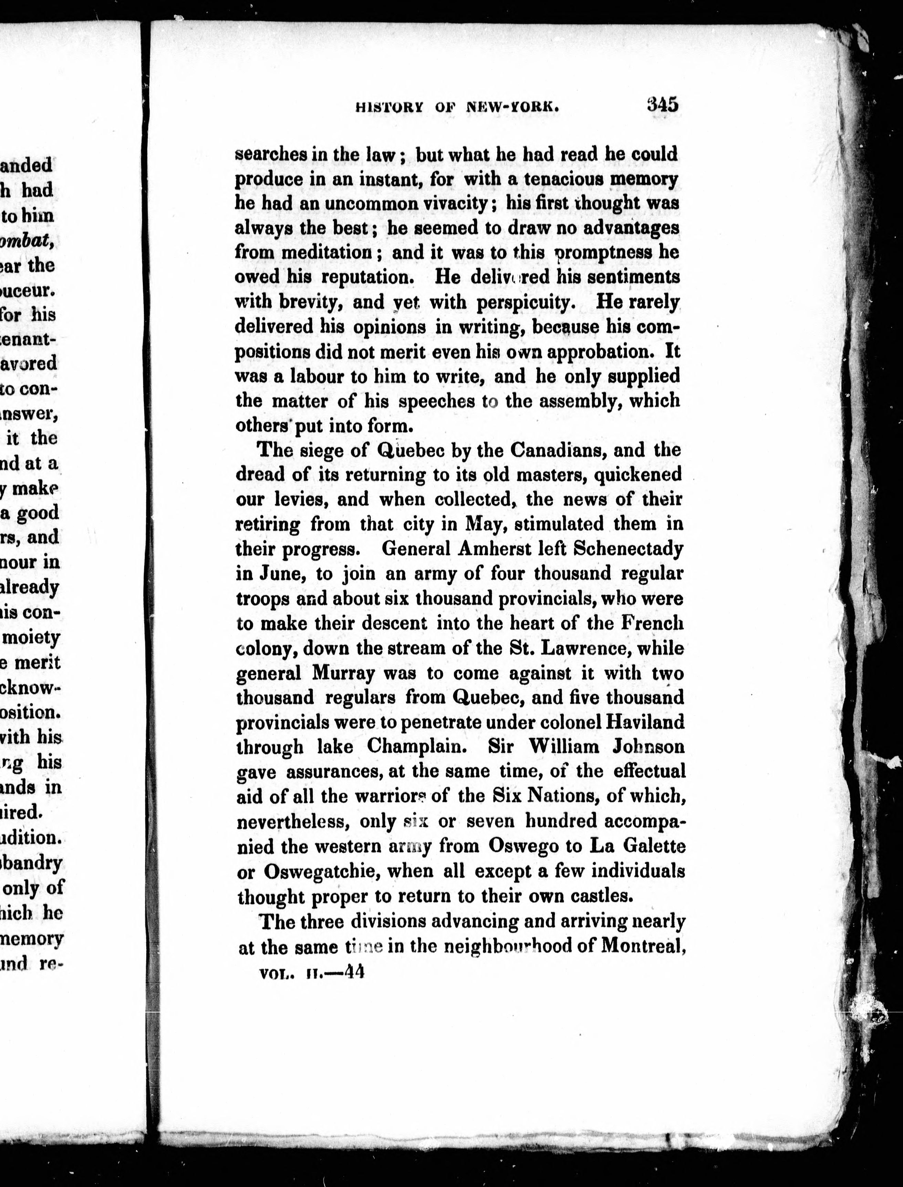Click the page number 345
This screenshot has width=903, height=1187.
pos(663,104)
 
